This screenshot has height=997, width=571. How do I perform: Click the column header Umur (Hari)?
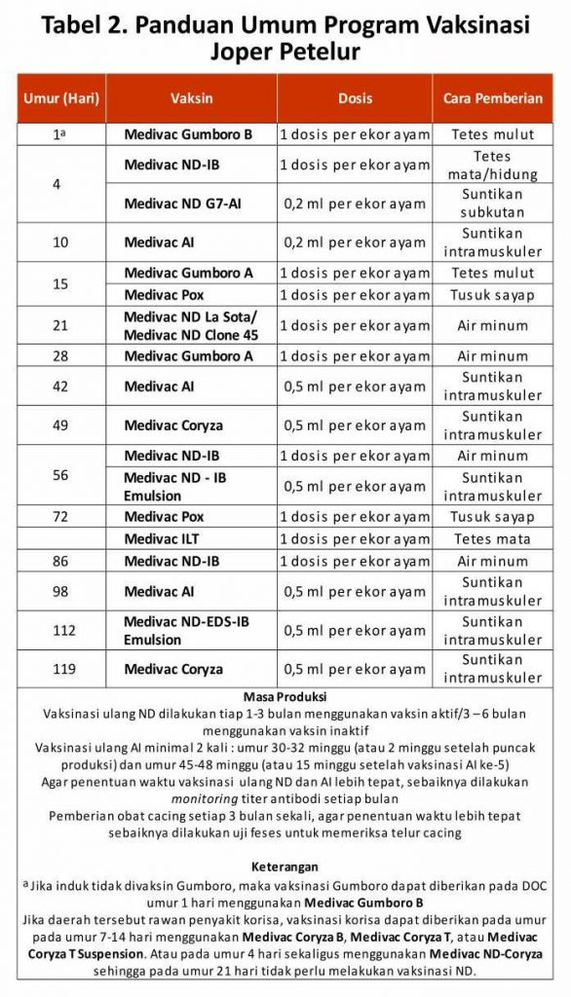pos(60,98)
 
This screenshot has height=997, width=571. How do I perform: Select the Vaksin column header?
pos(191,98)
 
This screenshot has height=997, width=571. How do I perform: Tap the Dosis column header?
pos(355,98)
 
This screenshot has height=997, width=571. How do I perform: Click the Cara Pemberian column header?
pos(492,98)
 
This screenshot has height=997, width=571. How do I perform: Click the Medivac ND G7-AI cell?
pos(182,203)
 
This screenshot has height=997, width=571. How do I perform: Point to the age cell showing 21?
pos(60,325)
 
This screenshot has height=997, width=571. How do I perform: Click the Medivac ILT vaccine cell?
pos(165,538)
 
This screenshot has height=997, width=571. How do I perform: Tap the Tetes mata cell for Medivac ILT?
pos(492,538)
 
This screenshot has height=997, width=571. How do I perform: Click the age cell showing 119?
pos(60,669)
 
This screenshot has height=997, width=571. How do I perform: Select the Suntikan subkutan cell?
pos(492,203)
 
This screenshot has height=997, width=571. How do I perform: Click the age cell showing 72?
pos(60,516)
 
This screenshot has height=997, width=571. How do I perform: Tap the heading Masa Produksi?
pos(285,697)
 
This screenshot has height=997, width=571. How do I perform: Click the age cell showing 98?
pos(60,591)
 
